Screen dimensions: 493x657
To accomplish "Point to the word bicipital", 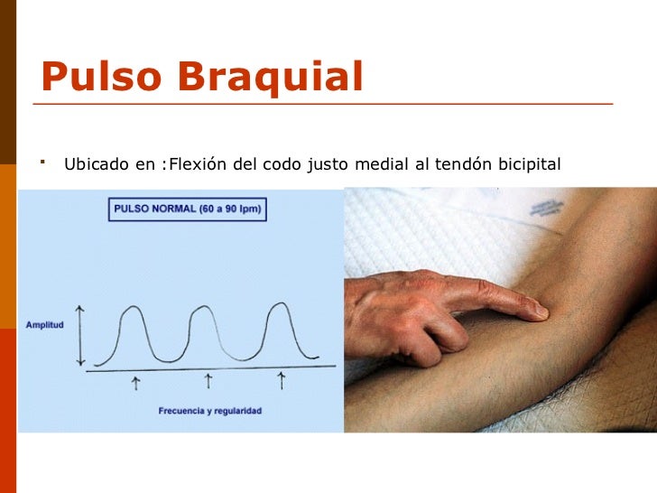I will point(525,164).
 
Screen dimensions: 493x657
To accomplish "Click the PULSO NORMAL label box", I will point(188,210).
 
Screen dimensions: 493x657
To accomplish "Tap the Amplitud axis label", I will point(44,325).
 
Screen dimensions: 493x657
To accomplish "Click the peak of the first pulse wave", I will point(132,309).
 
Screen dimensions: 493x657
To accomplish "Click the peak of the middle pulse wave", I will point(205,309).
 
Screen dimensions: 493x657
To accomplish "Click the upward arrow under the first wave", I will point(135,384).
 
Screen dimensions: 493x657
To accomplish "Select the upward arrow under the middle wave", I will point(208,382).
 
